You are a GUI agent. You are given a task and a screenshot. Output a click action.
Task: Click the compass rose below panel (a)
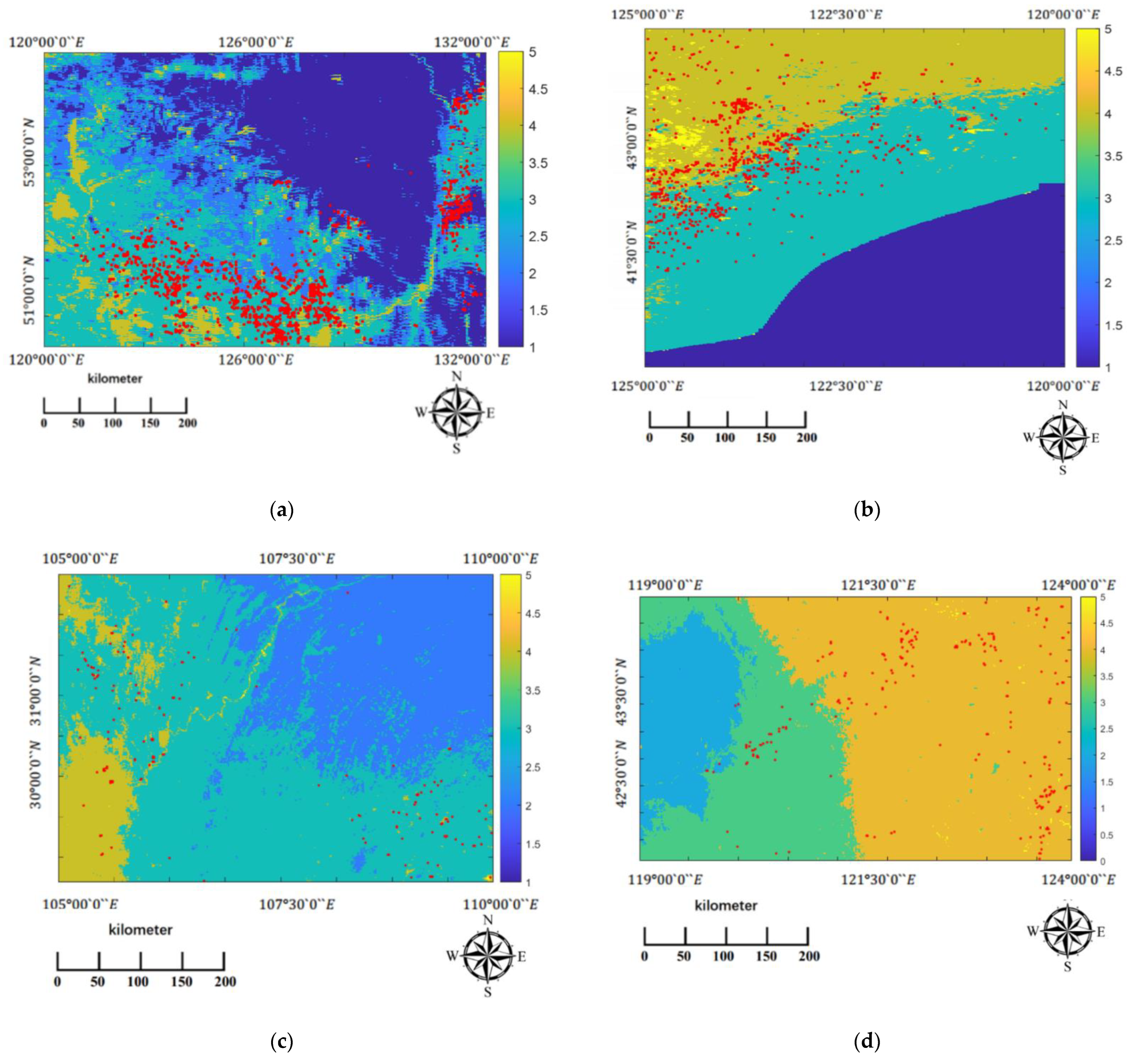[456, 412]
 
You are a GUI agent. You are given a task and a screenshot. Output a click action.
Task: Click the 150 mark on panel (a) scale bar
[150, 423]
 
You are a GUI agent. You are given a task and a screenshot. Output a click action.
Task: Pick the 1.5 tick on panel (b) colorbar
[1114, 325]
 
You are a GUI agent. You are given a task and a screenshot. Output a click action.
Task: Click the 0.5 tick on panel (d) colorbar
[1102, 836]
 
